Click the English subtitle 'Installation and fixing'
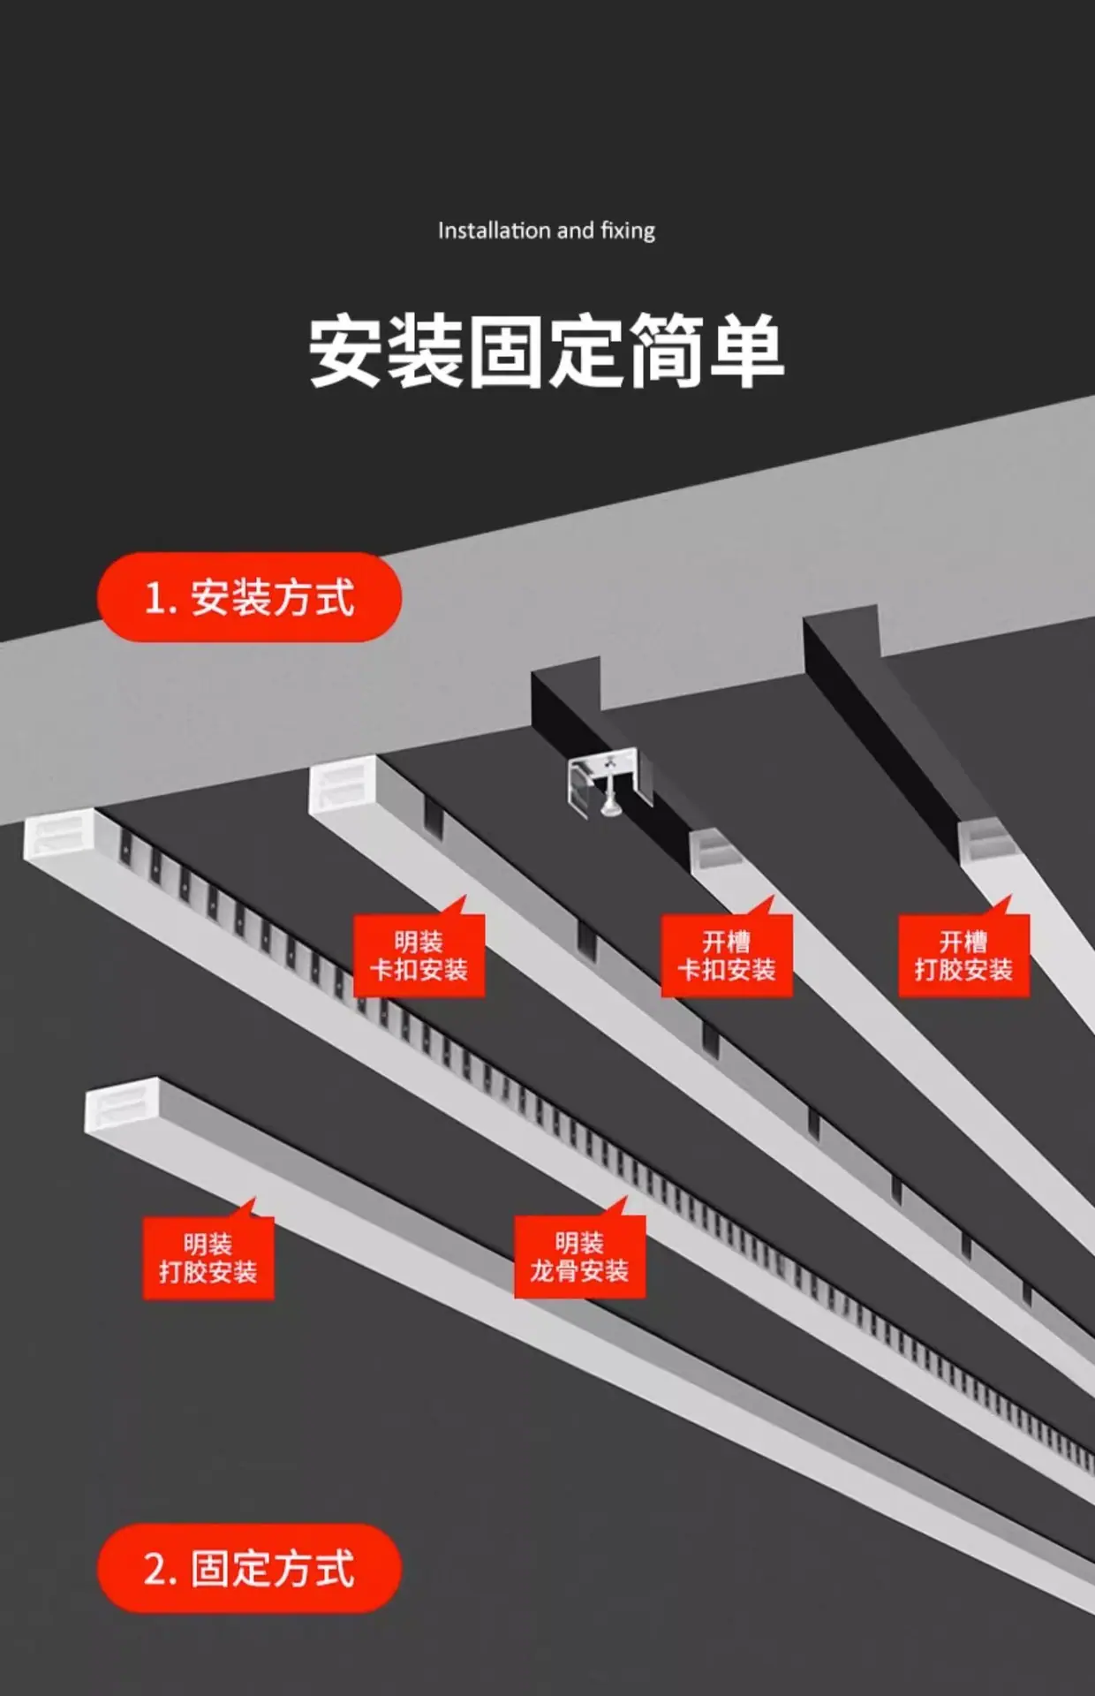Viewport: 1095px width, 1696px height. [547, 231]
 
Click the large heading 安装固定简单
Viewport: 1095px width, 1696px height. [547, 351]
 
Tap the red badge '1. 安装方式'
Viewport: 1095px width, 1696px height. [249, 597]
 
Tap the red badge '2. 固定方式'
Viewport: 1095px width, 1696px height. [249, 1568]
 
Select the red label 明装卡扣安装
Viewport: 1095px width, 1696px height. [419, 956]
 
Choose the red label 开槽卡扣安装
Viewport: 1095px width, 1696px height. [727, 956]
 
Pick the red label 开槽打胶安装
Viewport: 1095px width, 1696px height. [963, 956]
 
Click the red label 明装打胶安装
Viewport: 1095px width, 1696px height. [208, 1258]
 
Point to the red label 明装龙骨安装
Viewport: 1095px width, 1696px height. [579, 1257]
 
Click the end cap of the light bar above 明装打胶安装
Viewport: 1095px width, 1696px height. [121, 1104]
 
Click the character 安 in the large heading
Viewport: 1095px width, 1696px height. [346, 351]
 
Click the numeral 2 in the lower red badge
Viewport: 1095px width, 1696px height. [155, 1569]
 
